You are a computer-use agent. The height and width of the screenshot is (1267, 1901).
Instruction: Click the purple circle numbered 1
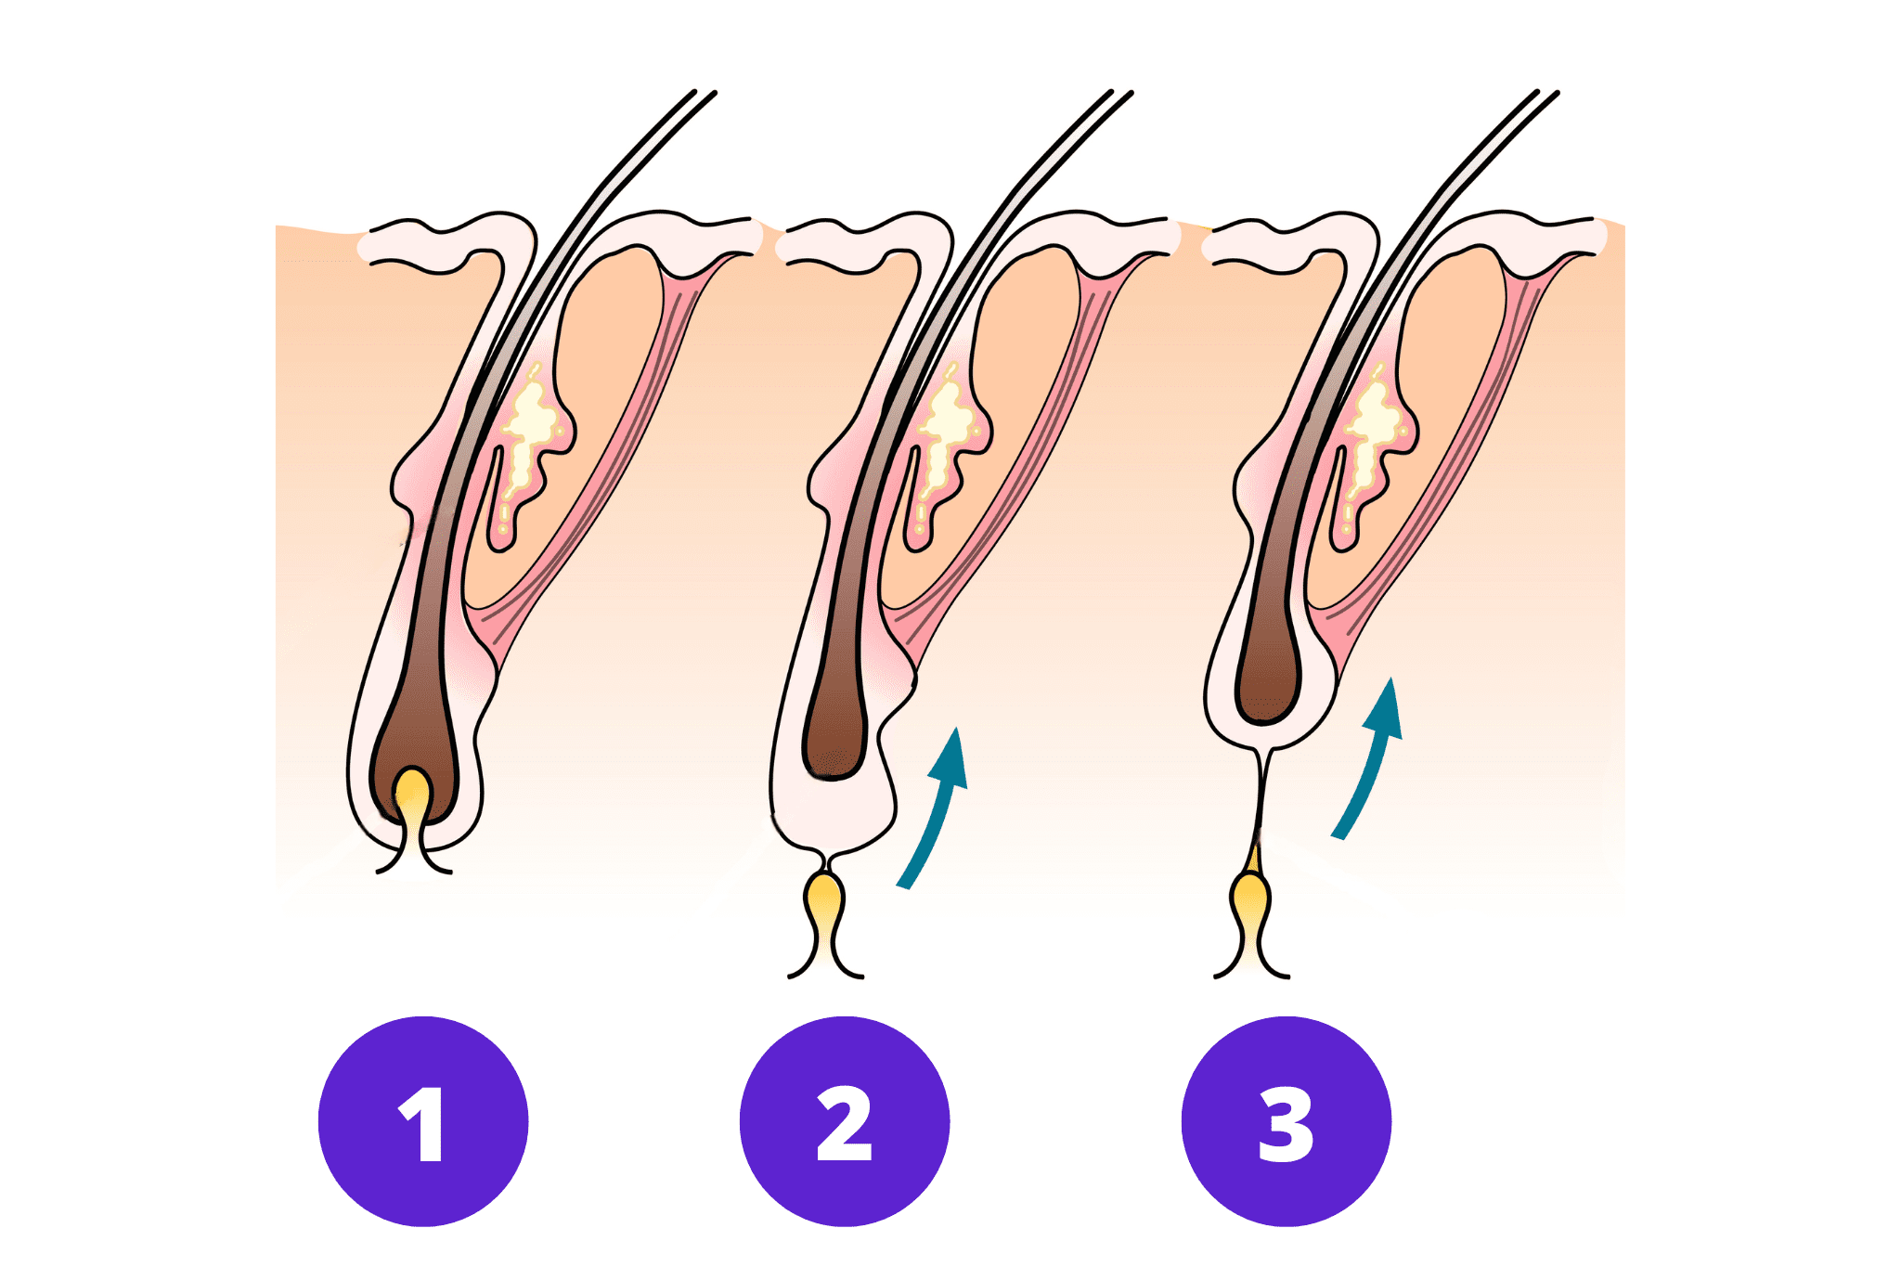coord(423,1121)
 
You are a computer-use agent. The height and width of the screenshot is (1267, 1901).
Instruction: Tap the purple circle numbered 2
coord(844,1121)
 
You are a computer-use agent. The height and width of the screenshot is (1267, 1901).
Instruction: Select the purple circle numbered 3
coord(1286,1121)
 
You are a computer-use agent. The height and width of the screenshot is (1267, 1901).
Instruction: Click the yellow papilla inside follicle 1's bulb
coord(412,794)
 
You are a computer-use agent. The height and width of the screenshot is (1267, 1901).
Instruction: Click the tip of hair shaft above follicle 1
coord(705,94)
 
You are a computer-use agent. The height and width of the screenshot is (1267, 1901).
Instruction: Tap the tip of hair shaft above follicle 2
coord(1121,94)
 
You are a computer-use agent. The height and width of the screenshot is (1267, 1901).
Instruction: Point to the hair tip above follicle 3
coord(1547,94)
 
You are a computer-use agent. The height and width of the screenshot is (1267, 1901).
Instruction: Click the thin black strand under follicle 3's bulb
coord(1261,798)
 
